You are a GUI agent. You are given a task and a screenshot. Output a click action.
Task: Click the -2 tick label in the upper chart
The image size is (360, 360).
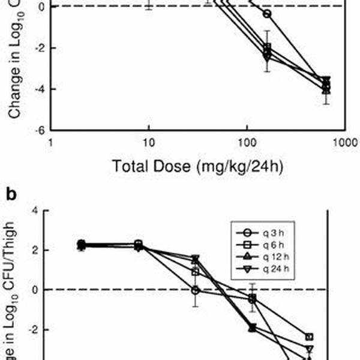(38, 48)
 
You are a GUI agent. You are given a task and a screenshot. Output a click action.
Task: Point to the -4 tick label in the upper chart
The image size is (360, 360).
(38, 89)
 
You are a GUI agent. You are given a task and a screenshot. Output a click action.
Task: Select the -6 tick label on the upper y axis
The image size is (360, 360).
(38, 130)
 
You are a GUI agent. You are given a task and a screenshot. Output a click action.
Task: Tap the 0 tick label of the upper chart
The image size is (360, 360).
(40, 7)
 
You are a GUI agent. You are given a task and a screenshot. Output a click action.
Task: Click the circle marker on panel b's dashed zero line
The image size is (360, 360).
(195, 290)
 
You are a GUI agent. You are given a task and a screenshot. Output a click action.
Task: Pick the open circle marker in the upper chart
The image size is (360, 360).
(267, 14)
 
